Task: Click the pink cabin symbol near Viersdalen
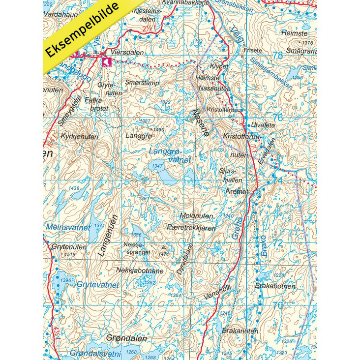tap(106, 61)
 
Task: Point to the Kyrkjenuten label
tap(80, 137)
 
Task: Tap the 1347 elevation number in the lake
tap(157, 167)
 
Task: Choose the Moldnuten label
tap(197, 216)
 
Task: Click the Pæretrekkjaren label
tap(191, 228)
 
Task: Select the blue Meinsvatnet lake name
tap(68, 227)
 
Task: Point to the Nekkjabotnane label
tap(140, 270)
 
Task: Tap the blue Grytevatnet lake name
tap(97, 285)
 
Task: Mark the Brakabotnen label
tap(275, 286)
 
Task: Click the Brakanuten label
tap(240, 331)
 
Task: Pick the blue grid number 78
tap(278, 56)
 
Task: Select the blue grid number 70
tap(278, 305)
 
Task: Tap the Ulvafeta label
tap(263, 124)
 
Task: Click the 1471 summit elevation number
tap(164, 254)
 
